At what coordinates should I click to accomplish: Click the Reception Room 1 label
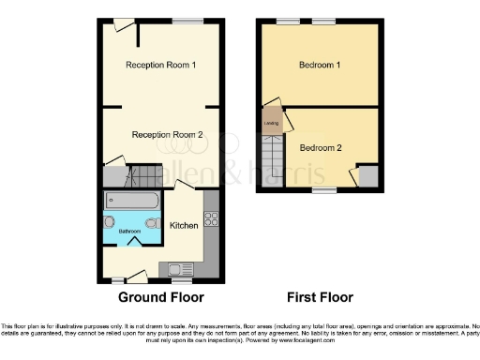coord(161,65)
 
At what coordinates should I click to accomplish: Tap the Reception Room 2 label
coord(168,135)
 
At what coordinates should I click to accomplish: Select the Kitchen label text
coord(184,226)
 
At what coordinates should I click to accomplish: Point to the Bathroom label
coord(129,231)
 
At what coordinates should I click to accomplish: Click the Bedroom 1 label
coord(320,65)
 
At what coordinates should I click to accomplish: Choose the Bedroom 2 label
coord(321,147)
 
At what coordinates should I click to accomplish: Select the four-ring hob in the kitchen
coord(210,220)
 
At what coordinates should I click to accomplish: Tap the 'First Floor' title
coord(320,298)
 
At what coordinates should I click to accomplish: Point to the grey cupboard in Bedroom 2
coord(367,175)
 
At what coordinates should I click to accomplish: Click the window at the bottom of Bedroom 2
coord(324,190)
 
